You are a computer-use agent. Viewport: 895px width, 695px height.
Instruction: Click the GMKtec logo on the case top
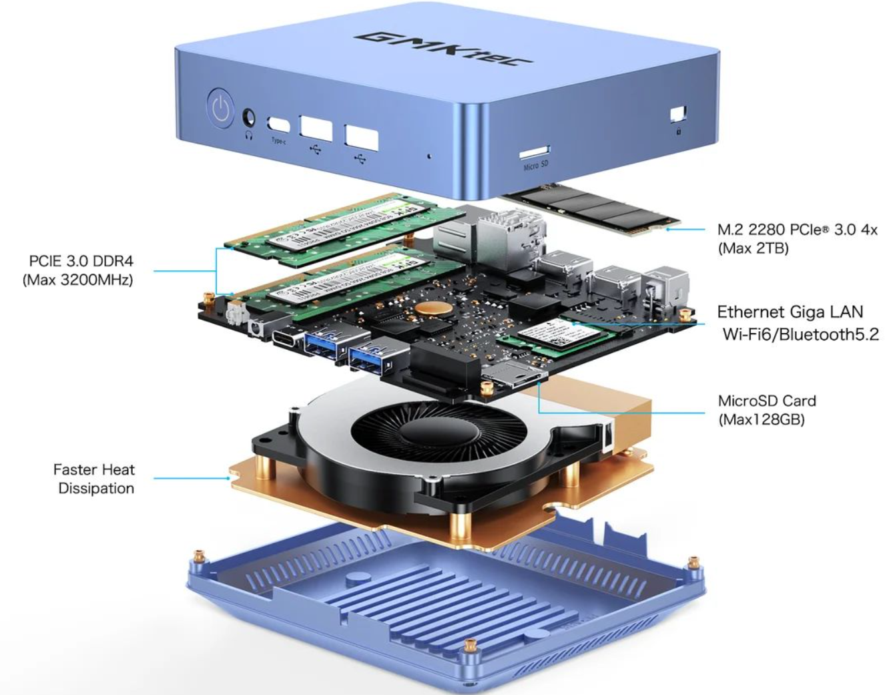[x=443, y=48]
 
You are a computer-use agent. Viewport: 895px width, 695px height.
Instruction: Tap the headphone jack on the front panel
[x=250, y=118]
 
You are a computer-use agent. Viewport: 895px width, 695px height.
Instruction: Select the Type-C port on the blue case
[x=278, y=125]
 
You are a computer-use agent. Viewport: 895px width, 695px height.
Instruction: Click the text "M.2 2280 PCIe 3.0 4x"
[x=797, y=230]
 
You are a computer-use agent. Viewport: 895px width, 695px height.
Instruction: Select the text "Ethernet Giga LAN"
[x=790, y=312]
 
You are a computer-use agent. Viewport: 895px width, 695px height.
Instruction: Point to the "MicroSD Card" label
[x=767, y=401]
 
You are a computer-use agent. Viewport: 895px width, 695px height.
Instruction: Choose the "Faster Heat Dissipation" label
[x=94, y=479]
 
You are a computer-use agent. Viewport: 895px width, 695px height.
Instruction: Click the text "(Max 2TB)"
[x=753, y=249]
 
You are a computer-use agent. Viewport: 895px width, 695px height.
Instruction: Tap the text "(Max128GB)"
[x=761, y=420]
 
